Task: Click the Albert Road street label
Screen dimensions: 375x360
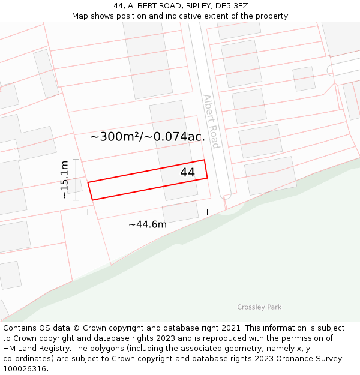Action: pos(211,121)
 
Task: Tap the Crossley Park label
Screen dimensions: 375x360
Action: pos(259,307)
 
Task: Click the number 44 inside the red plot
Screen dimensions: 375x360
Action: pos(187,172)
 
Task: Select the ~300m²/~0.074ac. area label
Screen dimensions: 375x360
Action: pos(148,137)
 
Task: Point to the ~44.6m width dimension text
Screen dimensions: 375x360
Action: pos(148,224)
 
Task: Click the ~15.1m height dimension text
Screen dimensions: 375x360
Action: pos(64,179)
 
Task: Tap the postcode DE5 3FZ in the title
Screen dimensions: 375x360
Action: pos(231,6)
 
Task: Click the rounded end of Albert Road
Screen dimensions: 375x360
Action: pos(226,194)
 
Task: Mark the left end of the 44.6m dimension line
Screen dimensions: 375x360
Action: pos(88,212)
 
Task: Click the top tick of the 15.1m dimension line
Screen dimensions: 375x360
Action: pos(76,160)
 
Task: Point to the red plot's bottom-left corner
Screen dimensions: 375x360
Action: pos(92,200)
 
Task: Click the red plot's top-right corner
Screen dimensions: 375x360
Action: pos(205,160)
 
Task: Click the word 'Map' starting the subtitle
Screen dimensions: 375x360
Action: pos(80,16)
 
